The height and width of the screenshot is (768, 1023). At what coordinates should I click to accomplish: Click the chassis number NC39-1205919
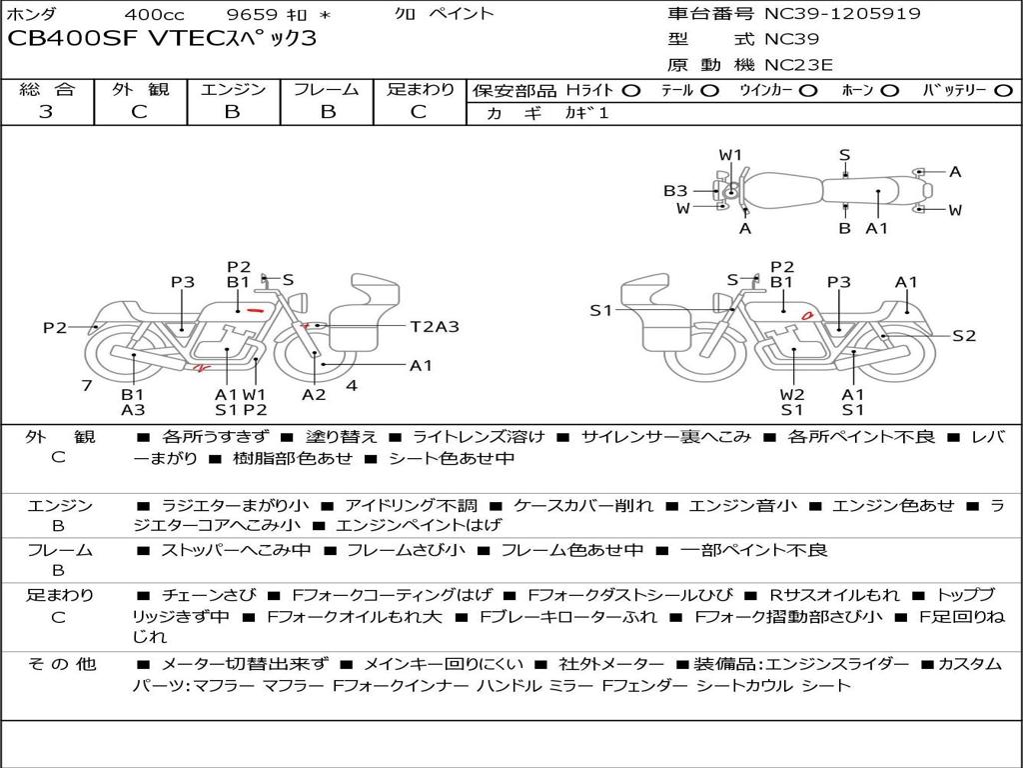[842, 13]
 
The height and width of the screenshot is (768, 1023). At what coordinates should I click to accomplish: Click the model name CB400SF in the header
[73, 38]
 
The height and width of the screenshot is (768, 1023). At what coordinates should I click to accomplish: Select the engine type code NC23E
[798, 65]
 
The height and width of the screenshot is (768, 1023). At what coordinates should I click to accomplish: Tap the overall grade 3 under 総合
[46, 112]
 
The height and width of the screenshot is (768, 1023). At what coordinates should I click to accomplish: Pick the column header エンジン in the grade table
[233, 89]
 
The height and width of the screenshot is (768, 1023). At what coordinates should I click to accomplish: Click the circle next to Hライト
[631, 91]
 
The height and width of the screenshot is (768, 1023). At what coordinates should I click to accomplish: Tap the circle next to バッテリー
[1003, 91]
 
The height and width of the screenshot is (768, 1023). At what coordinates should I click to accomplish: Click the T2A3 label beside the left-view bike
[435, 326]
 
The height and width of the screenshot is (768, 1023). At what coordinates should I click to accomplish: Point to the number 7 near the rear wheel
[87, 385]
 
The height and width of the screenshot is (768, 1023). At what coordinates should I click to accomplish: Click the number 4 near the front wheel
[352, 385]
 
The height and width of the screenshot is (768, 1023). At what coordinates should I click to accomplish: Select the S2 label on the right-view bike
[964, 336]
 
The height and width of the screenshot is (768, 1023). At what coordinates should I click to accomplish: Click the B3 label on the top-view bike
[675, 191]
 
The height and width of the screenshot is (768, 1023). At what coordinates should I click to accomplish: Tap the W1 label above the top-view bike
[730, 155]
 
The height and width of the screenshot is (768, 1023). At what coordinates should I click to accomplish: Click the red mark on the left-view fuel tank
[255, 310]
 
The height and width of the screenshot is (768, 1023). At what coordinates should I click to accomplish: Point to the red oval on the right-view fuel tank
[807, 315]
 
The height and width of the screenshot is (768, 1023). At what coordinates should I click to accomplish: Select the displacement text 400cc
[154, 14]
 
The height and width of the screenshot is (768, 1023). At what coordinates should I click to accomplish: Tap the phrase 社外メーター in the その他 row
[610, 664]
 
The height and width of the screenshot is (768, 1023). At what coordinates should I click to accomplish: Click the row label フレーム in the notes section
[59, 551]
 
